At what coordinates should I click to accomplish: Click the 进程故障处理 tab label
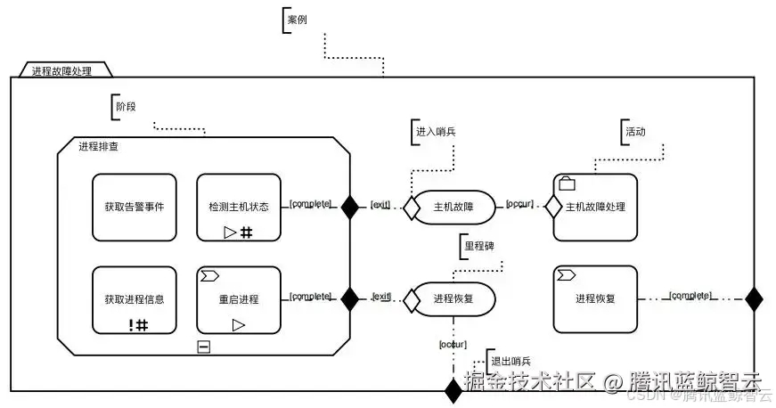[61, 70]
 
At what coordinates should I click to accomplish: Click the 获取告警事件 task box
[135, 207]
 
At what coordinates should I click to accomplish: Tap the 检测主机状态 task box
[238, 207]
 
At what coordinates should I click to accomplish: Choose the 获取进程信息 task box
[135, 299]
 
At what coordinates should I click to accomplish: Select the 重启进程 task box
[238, 299]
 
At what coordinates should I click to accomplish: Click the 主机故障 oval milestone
[453, 207]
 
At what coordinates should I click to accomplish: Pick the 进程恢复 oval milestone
[453, 299]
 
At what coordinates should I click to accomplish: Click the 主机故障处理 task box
[595, 207]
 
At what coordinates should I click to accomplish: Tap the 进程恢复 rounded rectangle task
[595, 298]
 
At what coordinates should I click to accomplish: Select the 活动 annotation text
[635, 131]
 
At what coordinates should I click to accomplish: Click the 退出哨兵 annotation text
[511, 361]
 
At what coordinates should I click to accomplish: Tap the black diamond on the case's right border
[754, 298]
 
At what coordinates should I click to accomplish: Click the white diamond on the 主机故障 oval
[411, 208]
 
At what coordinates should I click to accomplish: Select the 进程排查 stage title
[99, 146]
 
